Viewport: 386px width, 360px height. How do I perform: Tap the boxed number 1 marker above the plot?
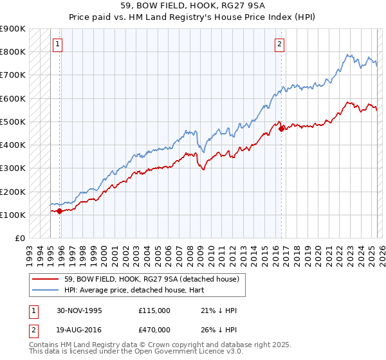coord(58,44)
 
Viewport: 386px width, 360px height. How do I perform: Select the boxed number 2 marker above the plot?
coord(280,44)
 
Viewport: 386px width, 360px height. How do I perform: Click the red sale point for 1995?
coord(59,211)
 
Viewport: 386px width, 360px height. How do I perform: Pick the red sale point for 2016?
coord(281,129)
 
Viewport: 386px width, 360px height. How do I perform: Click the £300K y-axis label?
coord(13,168)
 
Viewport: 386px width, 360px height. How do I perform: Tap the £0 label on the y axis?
coord(19,238)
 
